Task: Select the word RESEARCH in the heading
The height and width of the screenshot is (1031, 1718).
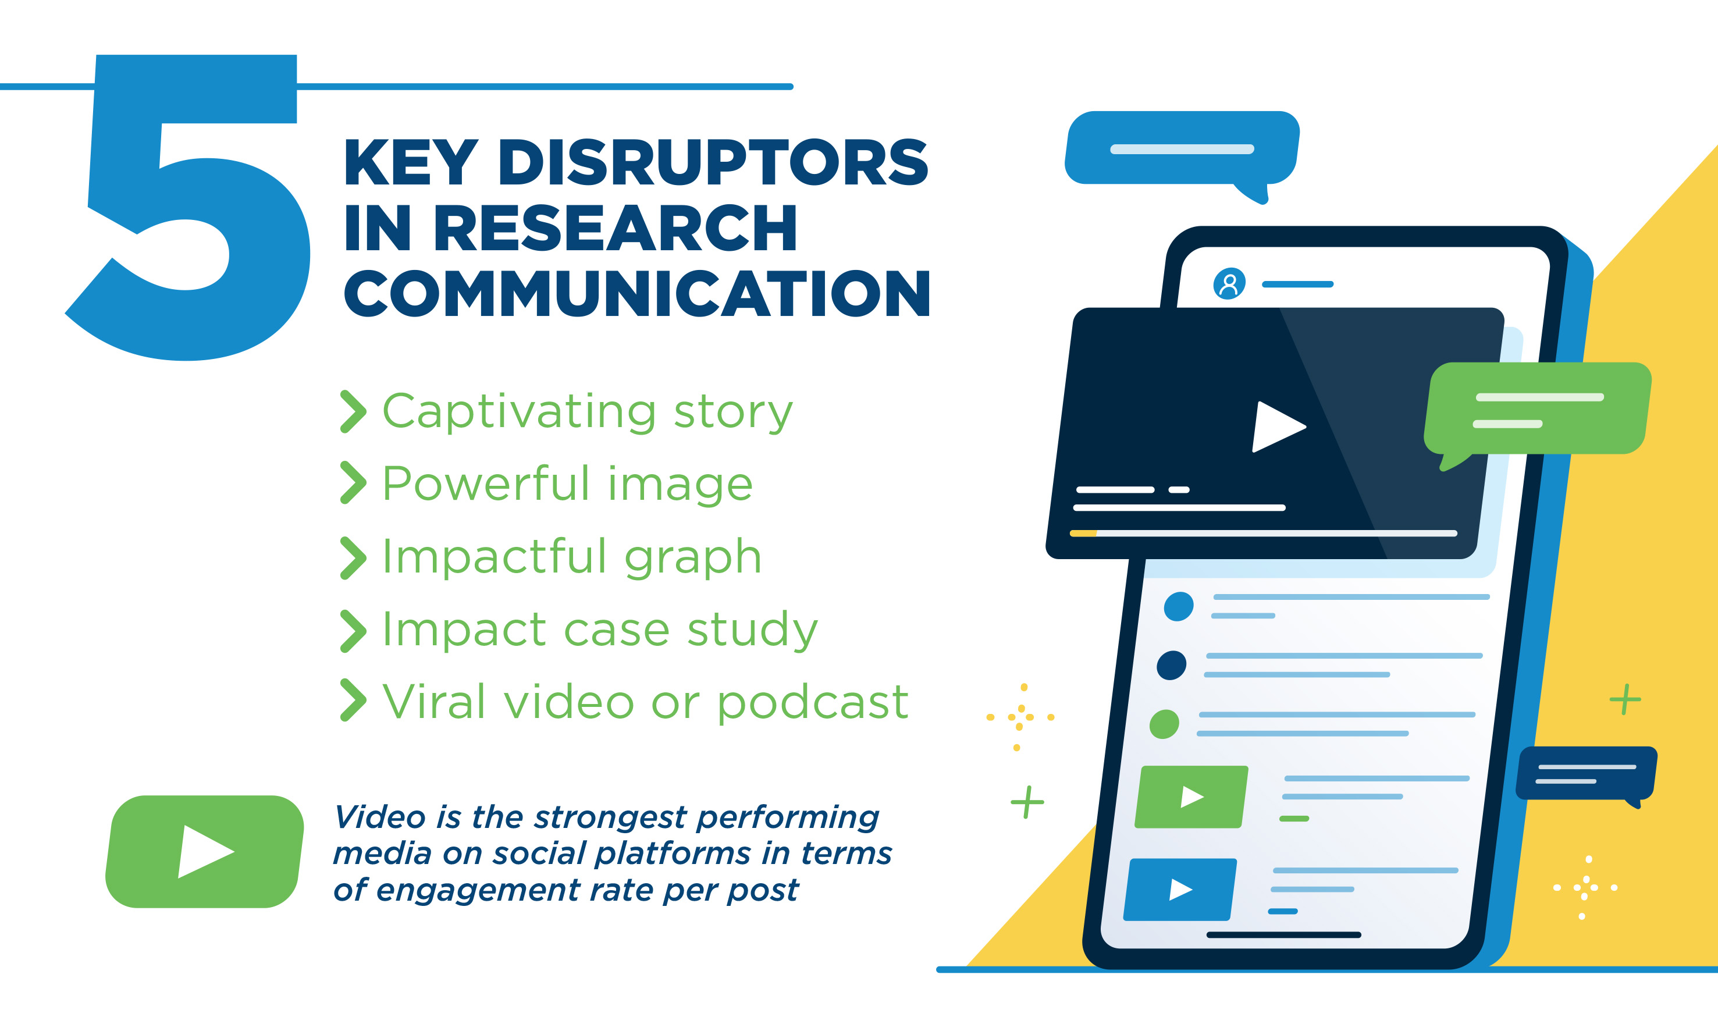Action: [x=616, y=228]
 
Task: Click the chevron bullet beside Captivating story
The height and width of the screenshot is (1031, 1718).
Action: [x=353, y=412]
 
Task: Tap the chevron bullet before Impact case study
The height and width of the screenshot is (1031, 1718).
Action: [x=353, y=631]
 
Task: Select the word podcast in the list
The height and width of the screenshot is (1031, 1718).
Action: [x=813, y=703]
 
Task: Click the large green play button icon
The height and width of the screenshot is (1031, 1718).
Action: [x=204, y=852]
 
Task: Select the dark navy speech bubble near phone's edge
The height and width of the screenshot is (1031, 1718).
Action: [x=1587, y=774]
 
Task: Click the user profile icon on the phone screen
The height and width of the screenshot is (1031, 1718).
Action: [x=1229, y=283]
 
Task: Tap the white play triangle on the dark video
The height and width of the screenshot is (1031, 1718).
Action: [x=1277, y=426]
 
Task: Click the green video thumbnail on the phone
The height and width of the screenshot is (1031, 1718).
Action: [x=1191, y=797]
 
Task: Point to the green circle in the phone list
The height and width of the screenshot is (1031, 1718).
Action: [x=1164, y=724]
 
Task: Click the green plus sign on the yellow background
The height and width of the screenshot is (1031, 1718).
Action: [x=1625, y=699]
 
